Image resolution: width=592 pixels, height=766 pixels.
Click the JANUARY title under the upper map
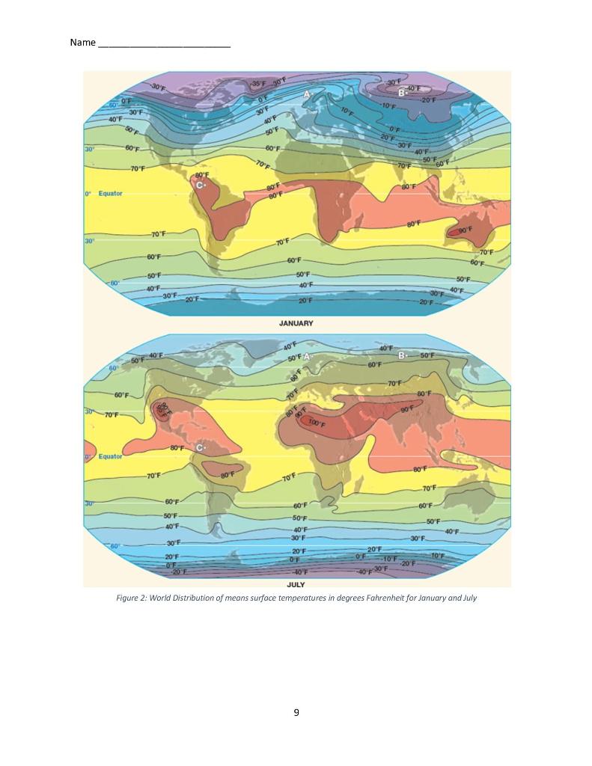pos(296,324)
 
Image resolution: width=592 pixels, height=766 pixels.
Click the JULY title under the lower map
pos(296,583)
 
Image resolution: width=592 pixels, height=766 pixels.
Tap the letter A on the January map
pos(307,94)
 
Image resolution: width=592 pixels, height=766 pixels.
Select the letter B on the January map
pos(401,93)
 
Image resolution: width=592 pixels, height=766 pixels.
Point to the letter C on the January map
pos(200,185)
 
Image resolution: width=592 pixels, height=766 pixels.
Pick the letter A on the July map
pos(306,357)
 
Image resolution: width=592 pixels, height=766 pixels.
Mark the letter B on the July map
pos(401,355)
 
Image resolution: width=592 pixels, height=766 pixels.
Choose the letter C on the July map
pos(200,447)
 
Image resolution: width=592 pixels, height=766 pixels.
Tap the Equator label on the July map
pos(110,456)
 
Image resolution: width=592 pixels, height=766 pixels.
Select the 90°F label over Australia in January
pos(465,230)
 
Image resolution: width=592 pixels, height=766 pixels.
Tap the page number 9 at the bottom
pos(296,712)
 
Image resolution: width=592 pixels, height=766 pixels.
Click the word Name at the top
pos(82,43)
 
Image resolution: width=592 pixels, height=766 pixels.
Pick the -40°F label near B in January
pos(414,88)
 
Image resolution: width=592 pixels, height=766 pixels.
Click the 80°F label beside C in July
pos(177,447)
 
